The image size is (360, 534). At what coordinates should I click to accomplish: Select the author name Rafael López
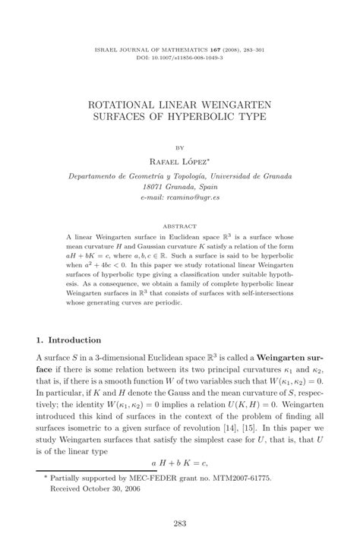click(x=180, y=160)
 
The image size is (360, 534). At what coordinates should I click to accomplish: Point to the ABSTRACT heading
click(x=180, y=226)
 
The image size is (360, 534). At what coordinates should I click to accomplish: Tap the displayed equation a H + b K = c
click(x=179, y=461)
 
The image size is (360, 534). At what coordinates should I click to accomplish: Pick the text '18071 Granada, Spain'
click(x=180, y=185)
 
